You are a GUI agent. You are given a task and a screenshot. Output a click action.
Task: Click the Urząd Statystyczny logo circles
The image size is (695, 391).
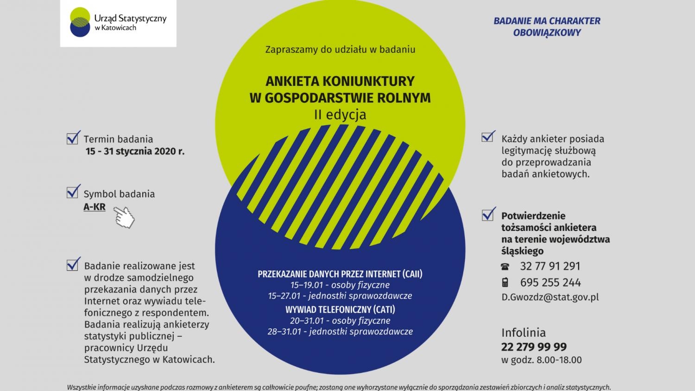[80, 22]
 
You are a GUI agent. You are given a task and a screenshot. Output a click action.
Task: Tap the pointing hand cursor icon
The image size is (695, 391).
[124, 218]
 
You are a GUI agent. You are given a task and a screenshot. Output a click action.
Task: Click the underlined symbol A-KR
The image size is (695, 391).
[95, 207]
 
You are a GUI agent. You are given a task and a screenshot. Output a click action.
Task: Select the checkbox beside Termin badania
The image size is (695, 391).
[73, 138]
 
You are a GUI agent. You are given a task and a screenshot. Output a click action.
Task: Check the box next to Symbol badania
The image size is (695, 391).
[73, 192]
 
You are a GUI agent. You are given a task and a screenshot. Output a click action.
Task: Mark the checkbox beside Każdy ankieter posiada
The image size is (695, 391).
[487, 137]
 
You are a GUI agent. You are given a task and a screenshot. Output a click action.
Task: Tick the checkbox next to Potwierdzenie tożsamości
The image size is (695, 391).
[488, 215]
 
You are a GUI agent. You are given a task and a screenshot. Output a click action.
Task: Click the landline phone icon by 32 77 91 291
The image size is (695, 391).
[505, 267]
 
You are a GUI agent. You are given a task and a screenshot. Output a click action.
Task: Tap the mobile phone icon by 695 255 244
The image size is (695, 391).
[505, 282]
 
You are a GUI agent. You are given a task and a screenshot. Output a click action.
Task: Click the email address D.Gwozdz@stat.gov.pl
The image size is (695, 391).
[550, 297]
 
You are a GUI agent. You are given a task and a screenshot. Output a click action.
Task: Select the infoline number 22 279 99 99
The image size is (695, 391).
[534, 347]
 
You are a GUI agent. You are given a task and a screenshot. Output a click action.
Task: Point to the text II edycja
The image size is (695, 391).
[340, 115]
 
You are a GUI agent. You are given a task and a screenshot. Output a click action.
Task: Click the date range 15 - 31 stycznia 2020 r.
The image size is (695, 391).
[135, 151]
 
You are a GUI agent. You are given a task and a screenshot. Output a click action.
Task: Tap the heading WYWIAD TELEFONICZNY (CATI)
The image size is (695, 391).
[340, 309]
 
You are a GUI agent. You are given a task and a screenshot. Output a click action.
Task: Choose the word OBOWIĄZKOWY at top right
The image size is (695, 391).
[547, 33]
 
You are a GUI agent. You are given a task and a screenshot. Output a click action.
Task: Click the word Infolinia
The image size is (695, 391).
[524, 333]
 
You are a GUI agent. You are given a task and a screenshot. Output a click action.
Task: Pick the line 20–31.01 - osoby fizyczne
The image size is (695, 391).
[340, 320]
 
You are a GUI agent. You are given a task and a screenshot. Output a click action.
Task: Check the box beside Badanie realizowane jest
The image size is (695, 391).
[73, 265]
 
